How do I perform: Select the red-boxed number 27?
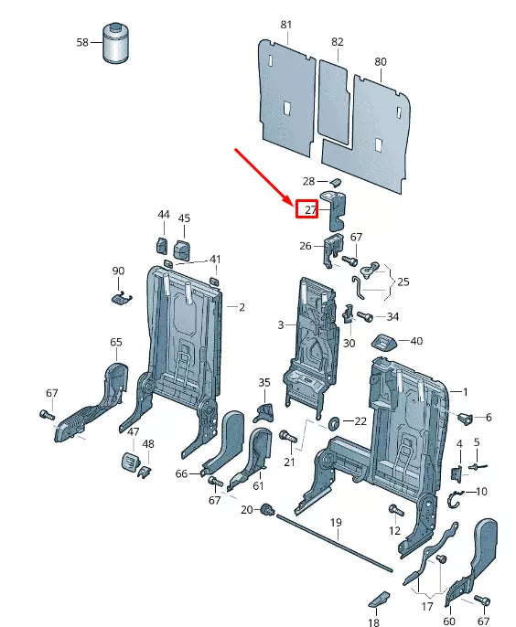pyautogui.click(x=309, y=209)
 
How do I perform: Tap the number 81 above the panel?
pyautogui.click(x=286, y=25)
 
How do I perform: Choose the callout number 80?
pyautogui.click(x=380, y=62)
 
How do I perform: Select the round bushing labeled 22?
pyautogui.click(x=334, y=422)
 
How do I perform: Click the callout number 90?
pyautogui.click(x=118, y=271)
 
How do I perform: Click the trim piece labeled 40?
pyautogui.click(x=384, y=343)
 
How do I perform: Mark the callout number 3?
pyautogui.click(x=281, y=324)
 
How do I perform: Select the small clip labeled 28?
pyautogui.click(x=333, y=181)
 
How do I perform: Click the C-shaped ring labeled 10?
pyautogui.click(x=454, y=499)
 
